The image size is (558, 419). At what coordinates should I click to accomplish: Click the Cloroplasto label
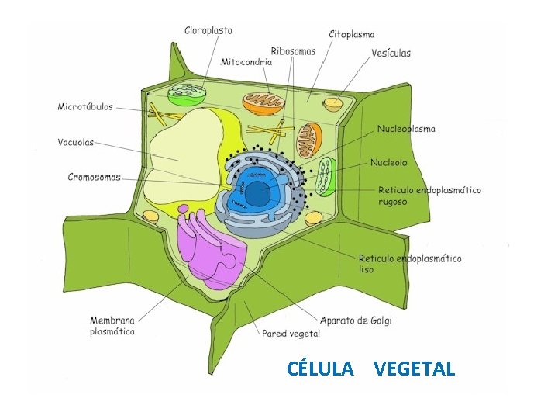208,31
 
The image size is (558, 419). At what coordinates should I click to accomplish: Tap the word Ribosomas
293,51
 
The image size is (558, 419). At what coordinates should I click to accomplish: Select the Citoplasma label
352,34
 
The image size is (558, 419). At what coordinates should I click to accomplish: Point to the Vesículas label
391,53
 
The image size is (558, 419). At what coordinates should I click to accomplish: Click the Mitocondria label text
246,61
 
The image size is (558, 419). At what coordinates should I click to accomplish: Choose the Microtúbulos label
85,107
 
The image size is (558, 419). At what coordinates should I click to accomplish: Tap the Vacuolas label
76,142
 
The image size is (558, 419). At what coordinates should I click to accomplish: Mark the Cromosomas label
94,177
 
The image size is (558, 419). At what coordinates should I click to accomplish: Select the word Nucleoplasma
406,129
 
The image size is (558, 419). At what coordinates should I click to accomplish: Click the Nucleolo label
388,162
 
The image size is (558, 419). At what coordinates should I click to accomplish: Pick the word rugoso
392,202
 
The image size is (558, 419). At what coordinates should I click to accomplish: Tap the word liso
366,269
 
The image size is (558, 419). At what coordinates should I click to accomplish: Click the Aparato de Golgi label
356,320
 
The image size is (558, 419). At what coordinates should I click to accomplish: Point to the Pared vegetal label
291,334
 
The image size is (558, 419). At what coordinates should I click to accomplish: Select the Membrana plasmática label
112,326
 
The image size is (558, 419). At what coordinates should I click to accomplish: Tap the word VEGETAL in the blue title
414,369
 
